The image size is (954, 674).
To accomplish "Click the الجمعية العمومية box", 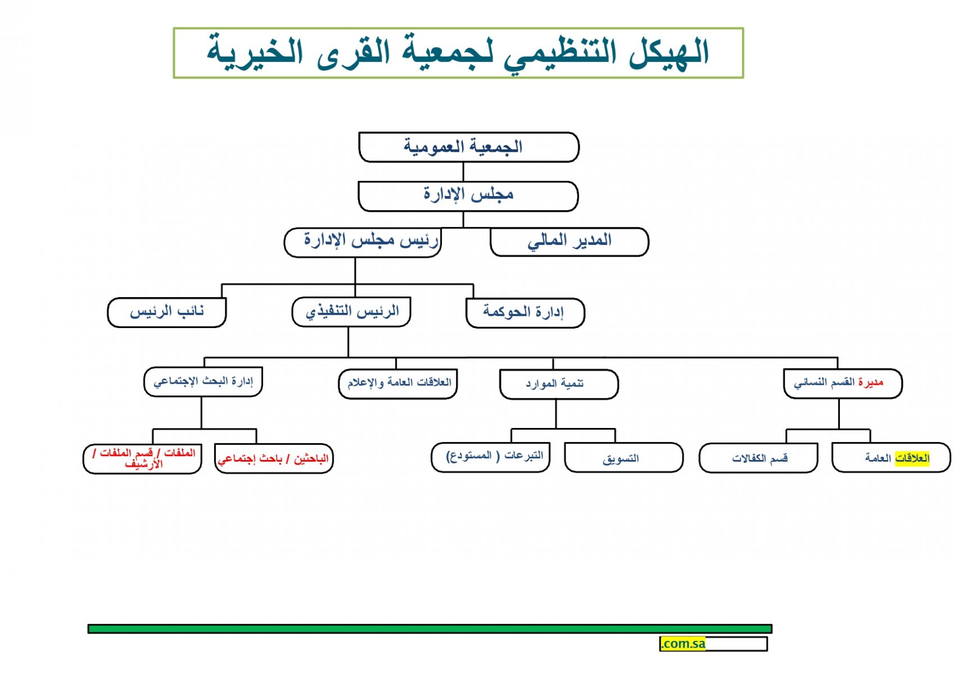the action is pos(469,147).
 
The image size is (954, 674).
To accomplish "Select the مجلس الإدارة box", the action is pos(468,197).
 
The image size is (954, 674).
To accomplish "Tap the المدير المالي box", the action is pos(569,242).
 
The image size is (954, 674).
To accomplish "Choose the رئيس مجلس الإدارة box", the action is pos(363,243).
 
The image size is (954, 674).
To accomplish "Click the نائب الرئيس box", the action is pos(167,313).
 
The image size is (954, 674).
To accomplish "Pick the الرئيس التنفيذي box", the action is pos(351,312).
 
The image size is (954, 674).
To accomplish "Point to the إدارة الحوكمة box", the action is pos(526,313).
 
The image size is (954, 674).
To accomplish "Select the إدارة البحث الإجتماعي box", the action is pos(203,382).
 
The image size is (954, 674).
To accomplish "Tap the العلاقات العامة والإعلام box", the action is pos(398,384).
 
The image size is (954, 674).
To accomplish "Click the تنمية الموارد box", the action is pos(559,385).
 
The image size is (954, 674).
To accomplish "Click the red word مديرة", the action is pos(871,382).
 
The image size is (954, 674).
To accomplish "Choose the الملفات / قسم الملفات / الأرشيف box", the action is pos(142,459).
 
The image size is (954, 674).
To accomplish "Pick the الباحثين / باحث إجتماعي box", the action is pos(274,459).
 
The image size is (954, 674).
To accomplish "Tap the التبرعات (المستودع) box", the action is pos(491,458).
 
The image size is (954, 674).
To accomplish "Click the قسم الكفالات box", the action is pos(758,458).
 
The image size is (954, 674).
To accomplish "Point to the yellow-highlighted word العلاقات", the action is pos(912,459).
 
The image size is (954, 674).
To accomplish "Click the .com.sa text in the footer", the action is pos(682,644).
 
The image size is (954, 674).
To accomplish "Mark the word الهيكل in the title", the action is pos(669,52).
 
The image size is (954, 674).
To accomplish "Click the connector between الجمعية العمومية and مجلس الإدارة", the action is pos(463,172).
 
